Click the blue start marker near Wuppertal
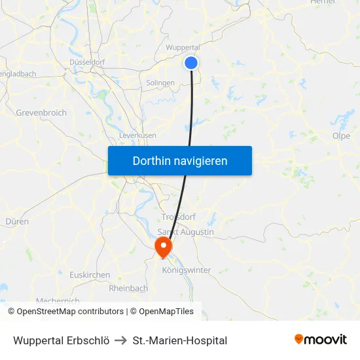(191, 62)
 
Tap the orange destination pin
(162, 247)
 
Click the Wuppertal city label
(183, 47)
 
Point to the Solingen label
(160, 83)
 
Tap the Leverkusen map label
(137, 135)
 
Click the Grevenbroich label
(41, 113)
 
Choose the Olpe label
(341, 136)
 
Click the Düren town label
(17, 221)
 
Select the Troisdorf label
(178, 217)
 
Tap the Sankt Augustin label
(186, 232)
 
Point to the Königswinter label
(186, 270)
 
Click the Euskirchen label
(90, 275)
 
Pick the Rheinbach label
(128, 288)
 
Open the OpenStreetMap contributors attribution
(70, 312)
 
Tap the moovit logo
(321, 340)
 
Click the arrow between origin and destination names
(121, 340)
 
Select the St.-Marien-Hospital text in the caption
(180, 340)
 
